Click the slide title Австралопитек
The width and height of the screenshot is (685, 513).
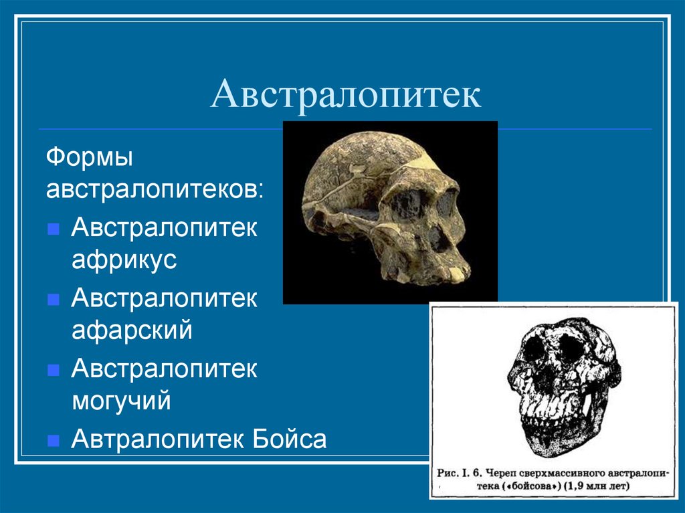pyautogui.click(x=346, y=94)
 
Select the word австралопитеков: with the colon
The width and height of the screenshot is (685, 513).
pyautogui.click(x=155, y=190)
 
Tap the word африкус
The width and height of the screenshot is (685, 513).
pyautogui.click(x=124, y=260)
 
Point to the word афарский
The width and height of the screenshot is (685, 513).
pyautogui.click(x=132, y=330)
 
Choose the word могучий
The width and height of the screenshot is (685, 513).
pyautogui.click(x=121, y=401)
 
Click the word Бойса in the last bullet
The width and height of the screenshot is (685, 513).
pyautogui.click(x=290, y=438)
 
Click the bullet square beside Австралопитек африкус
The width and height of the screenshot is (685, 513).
pyautogui.click(x=54, y=229)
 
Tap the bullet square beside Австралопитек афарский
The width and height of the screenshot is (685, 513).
pyautogui.click(x=54, y=300)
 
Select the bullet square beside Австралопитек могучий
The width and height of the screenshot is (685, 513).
pyautogui.click(x=54, y=370)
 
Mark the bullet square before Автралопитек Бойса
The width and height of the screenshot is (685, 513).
pyautogui.click(x=54, y=441)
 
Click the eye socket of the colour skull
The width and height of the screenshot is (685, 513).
pyautogui.click(x=409, y=203)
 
